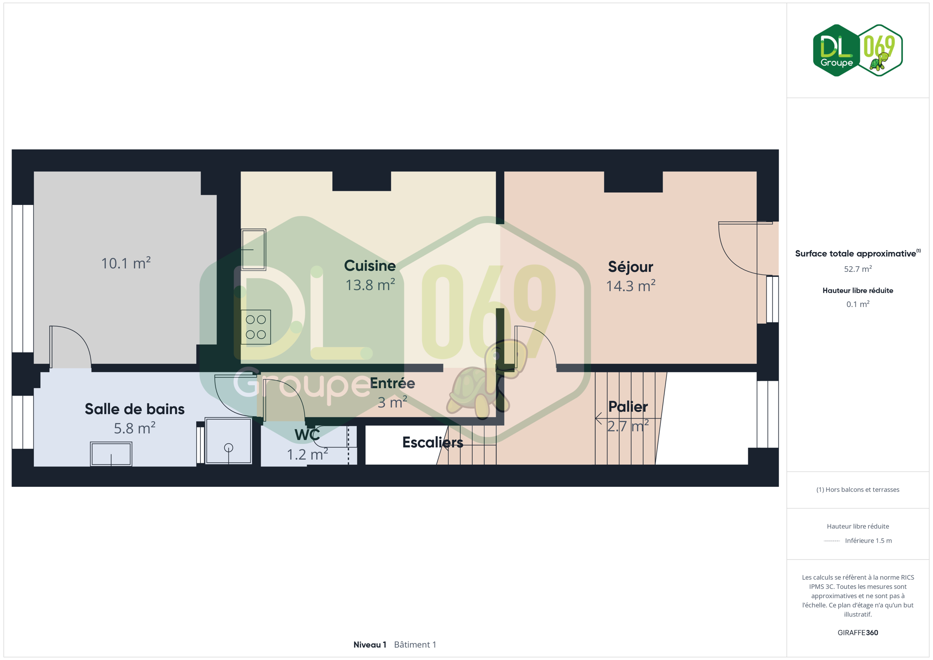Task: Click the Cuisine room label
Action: [x=370, y=266]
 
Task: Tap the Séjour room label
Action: [x=630, y=267]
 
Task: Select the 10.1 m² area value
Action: [x=126, y=263]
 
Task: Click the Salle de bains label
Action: [x=134, y=409]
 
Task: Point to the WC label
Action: [x=307, y=435]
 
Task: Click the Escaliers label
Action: [x=432, y=442]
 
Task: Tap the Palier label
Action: [x=628, y=407]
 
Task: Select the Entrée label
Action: [x=392, y=383]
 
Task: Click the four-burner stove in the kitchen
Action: [x=256, y=327]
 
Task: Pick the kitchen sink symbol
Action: [x=254, y=250]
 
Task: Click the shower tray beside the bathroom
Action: [x=228, y=441]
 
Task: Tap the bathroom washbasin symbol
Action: [x=111, y=454]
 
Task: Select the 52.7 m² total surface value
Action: [x=858, y=269]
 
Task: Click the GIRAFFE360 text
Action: [x=858, y=632]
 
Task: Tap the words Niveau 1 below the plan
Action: [x=370, y=644]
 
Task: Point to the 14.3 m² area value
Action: [x=630, y=286]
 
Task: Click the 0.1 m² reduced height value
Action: [x=858, y=304]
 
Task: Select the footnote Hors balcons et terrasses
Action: [x=858, y=489]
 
